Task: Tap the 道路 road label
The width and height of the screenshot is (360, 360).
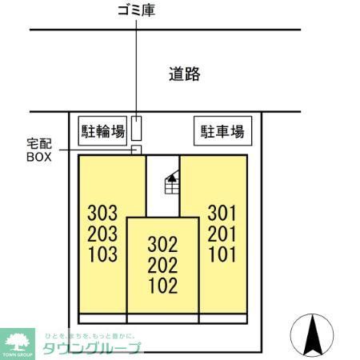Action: coord(184,75)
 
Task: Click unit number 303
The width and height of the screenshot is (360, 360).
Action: coord(102,214)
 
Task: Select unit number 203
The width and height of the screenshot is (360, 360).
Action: coord(102,234)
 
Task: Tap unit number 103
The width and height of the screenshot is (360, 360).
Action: coord(102,255)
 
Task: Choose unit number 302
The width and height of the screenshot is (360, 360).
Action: coord(162,245)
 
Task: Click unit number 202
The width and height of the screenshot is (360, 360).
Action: coord(162,266)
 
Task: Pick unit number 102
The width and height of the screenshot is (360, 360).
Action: coord(162,286)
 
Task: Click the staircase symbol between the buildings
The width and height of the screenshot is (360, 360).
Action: coord(170,185)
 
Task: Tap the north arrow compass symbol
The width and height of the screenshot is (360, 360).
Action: coord(313,336)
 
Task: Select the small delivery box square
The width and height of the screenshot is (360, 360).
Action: coord(136,150)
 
